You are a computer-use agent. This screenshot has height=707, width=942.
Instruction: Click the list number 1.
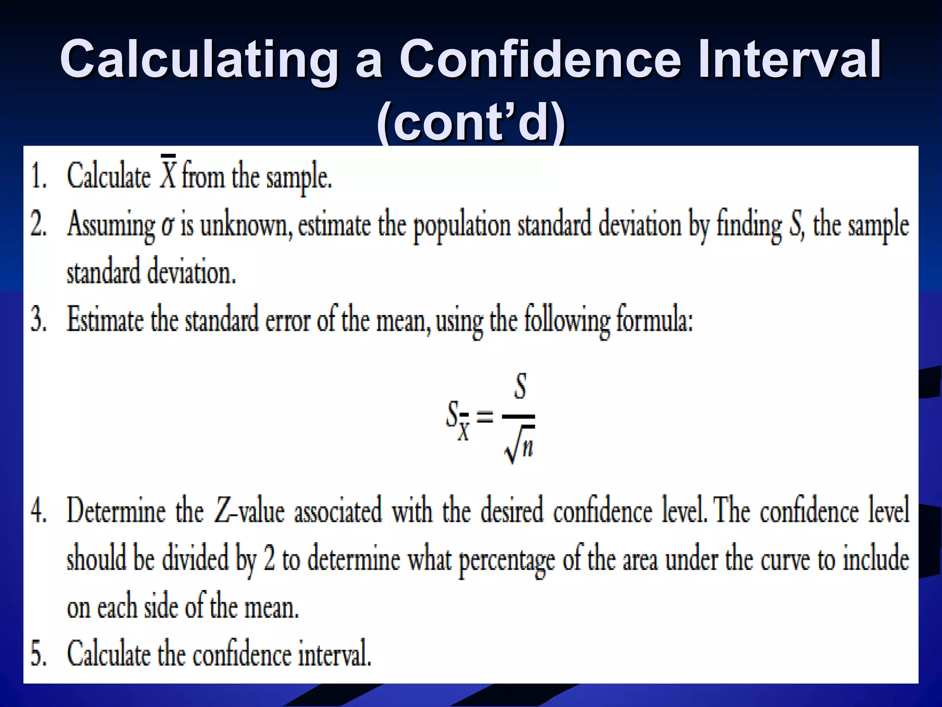click(x=39, y=177)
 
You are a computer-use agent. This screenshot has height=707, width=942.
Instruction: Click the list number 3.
click(x=39, y=320)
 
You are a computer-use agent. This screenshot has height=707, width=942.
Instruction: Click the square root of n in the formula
click(x=520, y=445)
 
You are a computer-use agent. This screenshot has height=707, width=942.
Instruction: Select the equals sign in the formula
click(x=485, y=417)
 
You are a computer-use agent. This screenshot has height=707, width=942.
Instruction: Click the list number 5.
click(x=39, y=654)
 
